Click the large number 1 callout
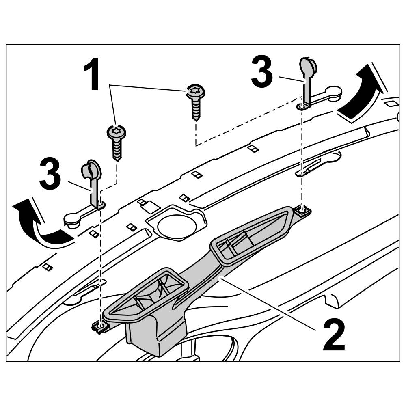[x=93, y=75]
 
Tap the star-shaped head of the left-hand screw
[x=116, y=132]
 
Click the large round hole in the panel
[x=176, y=226]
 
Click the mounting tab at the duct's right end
[x=302, y=211]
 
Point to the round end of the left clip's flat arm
[x=71, y=221]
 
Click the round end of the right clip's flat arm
[x=334, y=92]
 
